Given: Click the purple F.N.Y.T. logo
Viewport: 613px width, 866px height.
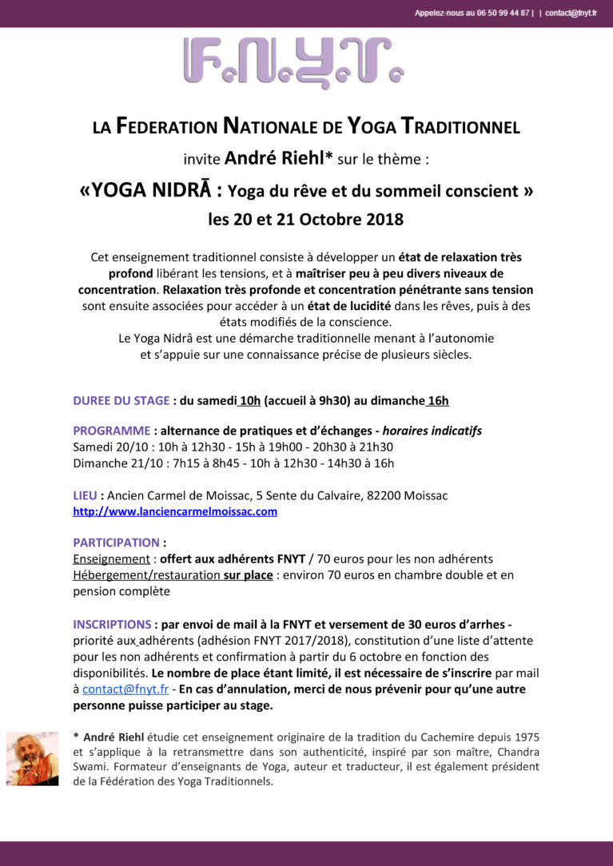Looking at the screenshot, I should click(293, 62).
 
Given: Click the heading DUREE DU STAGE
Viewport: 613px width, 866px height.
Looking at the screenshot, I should click(121, 400).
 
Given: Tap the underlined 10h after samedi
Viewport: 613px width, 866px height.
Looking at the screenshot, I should click(249, 400).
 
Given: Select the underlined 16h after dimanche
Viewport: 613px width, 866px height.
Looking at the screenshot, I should click(438, 400).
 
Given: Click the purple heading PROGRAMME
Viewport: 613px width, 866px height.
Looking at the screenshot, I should click(111, 431).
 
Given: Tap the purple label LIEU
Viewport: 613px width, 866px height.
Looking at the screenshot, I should click(85, 495).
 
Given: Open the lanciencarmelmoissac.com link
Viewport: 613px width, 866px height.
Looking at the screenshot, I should click(175, 511).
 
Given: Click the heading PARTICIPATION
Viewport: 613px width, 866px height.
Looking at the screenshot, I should click(116, 542).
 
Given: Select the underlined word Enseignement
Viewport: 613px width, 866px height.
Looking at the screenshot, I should click(111, 558).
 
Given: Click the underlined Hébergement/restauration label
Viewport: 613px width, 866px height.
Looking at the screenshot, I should click(146, 574).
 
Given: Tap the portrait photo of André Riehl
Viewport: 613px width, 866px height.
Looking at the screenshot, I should click(32, 758).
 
